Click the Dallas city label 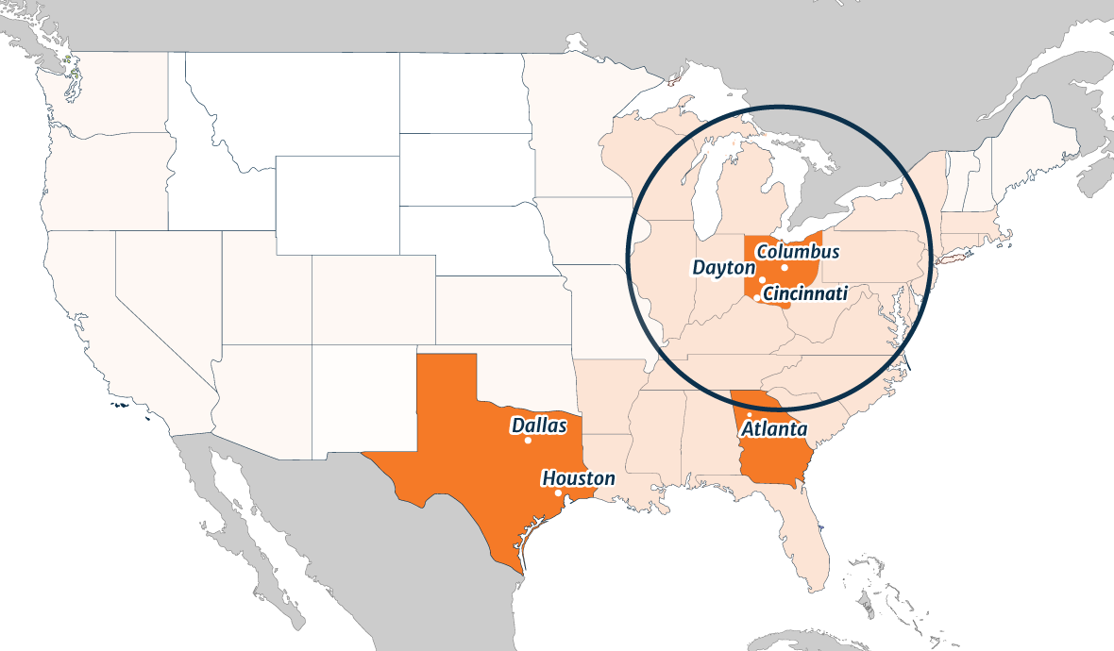539,426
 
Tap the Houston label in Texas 578,478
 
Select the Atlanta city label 774,429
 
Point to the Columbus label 798,253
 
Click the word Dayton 724,268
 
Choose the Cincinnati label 805,293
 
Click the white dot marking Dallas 528,441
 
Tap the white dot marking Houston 558,492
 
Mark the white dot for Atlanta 750,415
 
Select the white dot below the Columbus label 785,267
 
